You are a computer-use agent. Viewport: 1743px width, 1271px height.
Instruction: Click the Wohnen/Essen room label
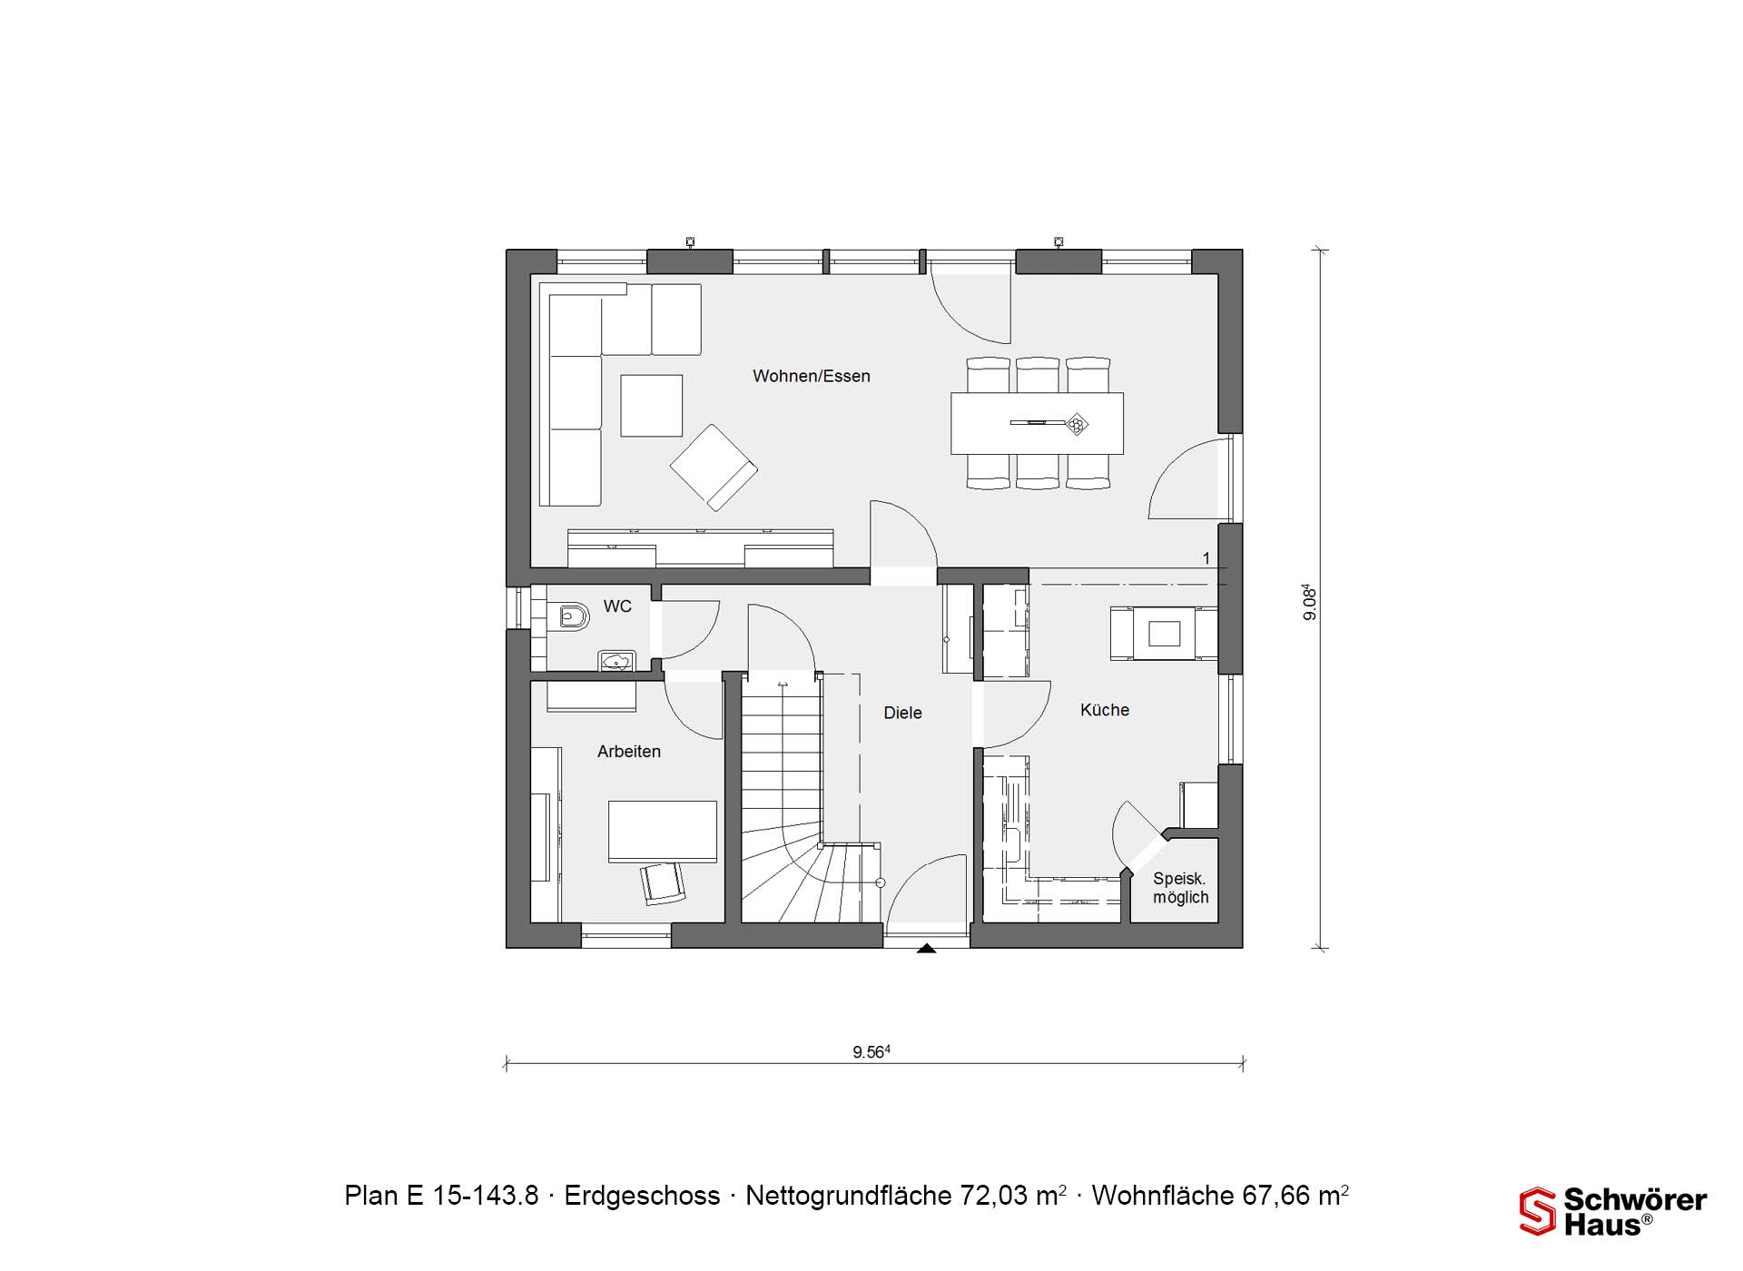(811, 376)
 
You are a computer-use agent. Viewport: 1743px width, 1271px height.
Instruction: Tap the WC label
(617, 606)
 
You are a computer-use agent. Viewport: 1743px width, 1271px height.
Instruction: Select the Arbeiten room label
(629, 752)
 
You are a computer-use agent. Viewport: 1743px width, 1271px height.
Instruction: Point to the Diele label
(902, 714)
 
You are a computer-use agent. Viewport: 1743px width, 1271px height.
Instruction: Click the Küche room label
(1105, 710)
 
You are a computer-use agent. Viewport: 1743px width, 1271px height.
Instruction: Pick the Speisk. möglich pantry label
(1180, 888)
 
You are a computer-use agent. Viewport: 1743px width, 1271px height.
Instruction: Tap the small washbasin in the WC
(617, 660)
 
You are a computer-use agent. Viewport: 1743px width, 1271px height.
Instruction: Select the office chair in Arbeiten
(663, 882)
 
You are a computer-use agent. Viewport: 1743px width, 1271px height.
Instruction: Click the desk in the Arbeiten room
(662, 832)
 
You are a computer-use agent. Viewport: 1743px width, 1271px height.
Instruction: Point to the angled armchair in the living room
(714, 467)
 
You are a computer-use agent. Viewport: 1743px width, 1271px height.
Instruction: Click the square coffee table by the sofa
(652, 406)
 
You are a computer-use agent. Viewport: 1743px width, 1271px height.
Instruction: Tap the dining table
(1037, 423)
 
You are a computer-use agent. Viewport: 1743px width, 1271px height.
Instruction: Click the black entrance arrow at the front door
(926, 949)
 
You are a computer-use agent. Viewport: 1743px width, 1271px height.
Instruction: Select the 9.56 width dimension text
(871, 1052)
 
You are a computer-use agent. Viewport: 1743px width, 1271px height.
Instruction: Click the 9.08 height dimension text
(1309, 602)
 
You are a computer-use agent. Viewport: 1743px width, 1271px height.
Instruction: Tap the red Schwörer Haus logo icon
(1537, 1212)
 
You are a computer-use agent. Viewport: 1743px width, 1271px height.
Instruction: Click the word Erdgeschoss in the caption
(642, 1196)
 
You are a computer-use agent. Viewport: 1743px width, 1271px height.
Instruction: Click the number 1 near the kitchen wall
(1206, 558)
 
